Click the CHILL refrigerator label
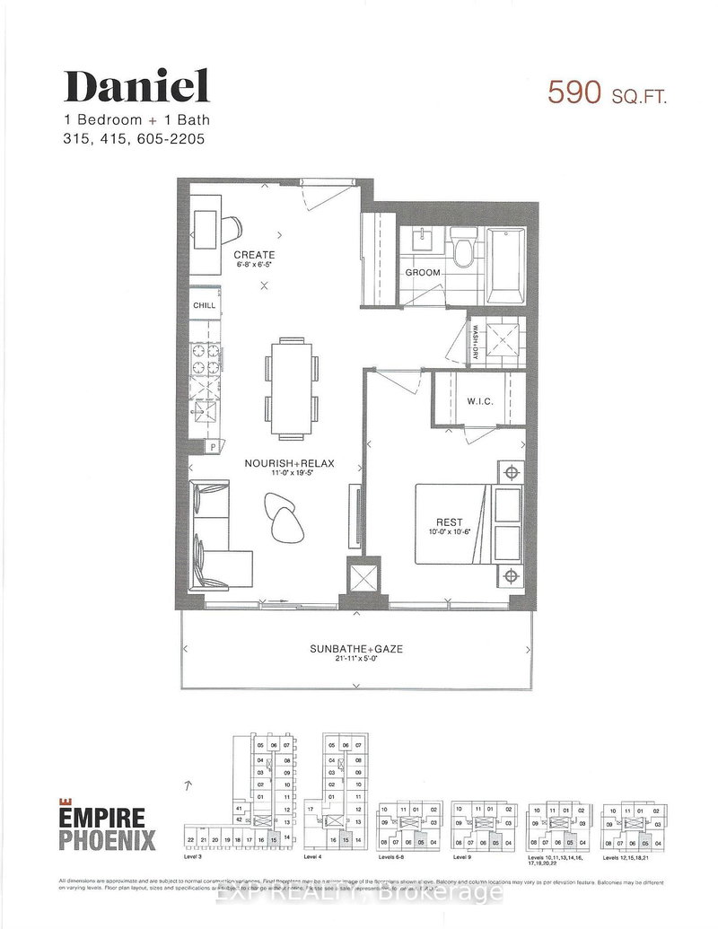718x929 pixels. click(204, 305)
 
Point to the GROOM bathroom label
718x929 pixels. click(422, 272)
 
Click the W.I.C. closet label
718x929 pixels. click(477, 401)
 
